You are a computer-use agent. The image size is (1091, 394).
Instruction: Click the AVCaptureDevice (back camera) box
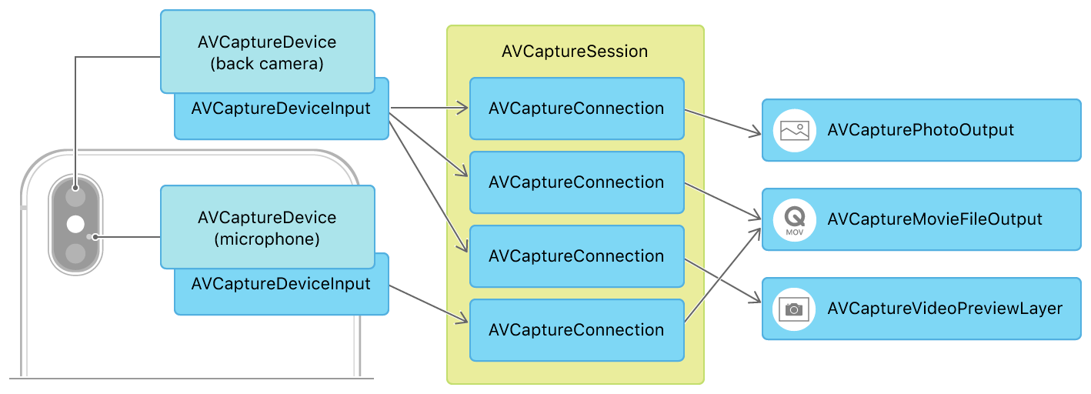pos(267,52)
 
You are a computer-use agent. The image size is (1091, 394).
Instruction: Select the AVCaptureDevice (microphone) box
pos(267,227)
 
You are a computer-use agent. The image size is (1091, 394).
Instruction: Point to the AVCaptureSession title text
pos(575,52)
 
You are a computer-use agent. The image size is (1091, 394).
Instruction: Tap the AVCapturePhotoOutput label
pos(920,130)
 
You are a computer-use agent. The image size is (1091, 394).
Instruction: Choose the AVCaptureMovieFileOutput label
pos(934,219)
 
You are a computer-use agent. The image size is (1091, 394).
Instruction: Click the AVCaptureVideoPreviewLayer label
pos(944,309)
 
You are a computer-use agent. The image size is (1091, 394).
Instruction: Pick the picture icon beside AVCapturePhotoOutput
pos(794,130)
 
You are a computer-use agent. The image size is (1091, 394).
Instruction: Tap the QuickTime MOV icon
pos(794,219)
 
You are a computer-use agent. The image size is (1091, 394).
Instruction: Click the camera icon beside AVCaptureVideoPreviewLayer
pos(794,309)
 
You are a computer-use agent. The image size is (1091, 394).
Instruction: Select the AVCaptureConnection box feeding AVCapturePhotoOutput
pos(576,109)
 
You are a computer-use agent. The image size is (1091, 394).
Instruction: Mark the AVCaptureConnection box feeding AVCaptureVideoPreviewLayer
pos(576,256)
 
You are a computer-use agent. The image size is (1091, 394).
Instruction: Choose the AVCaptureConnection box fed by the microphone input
pos(576,330)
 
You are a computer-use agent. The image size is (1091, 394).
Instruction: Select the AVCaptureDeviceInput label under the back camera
pos(281,109)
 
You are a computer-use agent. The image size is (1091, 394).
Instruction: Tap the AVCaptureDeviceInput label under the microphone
pos(281,284)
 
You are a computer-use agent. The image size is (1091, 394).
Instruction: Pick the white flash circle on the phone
pos(75,224)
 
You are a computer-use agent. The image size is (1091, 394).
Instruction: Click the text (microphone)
pos(267,239)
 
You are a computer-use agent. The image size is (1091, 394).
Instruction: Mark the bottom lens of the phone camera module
pos(75,253)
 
